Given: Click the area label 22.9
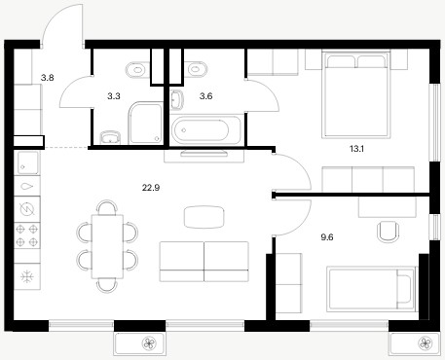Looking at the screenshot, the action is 151,188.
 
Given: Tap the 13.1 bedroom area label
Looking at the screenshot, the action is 356,149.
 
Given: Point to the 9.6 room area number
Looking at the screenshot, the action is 327,237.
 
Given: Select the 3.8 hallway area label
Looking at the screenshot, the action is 48,78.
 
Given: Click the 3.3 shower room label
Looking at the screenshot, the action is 114,96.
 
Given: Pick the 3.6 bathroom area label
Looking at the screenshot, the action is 206,96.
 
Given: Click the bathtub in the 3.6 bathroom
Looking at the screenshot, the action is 205,130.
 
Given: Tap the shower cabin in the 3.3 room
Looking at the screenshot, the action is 146,123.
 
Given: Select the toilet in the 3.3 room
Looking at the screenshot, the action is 135,70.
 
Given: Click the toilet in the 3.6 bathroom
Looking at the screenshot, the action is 197,69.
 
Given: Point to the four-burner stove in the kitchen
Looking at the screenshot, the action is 27,235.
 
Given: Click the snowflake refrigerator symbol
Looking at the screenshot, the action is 27,276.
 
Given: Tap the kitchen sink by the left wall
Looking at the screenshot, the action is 27,163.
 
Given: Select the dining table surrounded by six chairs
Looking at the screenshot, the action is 107,246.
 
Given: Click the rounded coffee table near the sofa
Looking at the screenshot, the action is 204,217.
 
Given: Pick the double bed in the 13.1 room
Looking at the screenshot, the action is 356,94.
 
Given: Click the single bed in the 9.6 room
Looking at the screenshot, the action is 371,289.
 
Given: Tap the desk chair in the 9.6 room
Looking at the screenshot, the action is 389,232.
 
